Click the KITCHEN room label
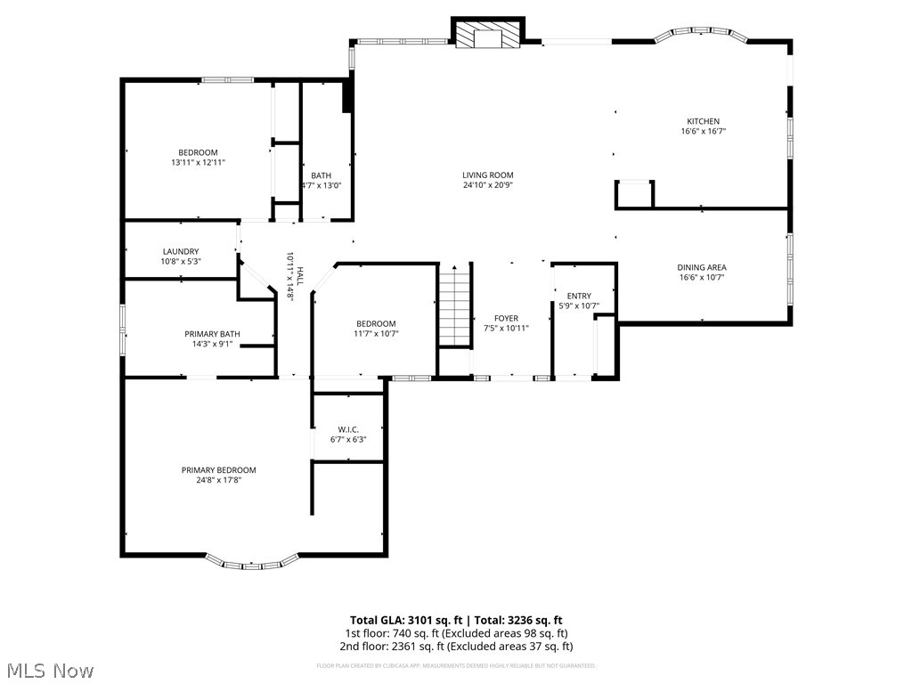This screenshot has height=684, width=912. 703,121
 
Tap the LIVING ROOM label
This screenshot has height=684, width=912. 487,175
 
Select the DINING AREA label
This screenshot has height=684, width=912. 702,267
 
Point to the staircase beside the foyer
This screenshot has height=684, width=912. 453,305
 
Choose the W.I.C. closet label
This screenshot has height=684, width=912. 348,429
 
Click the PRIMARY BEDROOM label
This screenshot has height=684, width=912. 218,470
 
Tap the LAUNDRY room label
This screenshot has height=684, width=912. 181,252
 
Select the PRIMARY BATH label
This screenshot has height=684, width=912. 212,334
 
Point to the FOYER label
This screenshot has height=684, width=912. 506,318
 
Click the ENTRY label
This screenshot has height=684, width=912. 579,297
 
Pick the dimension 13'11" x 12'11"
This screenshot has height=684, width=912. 198,163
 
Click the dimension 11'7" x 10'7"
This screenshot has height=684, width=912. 377,334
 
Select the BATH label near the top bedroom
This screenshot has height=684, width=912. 321,175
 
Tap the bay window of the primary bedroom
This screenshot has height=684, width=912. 254,563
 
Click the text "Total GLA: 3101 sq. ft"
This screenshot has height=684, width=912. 404,620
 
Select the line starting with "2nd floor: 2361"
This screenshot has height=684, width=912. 455,647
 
